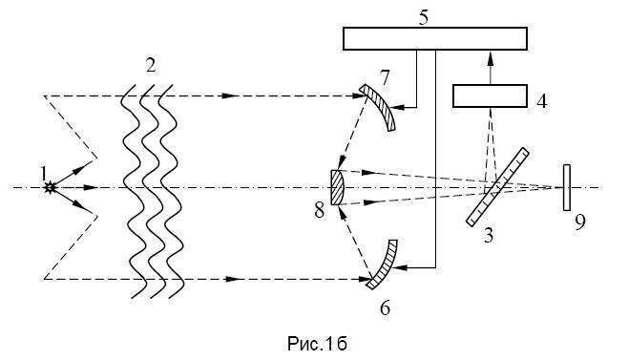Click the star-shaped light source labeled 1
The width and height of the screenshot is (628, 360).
(50, 187)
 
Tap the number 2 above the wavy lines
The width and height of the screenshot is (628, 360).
(150, 65)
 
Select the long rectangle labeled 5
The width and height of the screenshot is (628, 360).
(435, 38)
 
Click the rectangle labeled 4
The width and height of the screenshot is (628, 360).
(490, 95)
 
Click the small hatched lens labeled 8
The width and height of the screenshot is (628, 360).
(337, 187)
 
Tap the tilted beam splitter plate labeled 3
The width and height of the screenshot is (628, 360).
(497, 187)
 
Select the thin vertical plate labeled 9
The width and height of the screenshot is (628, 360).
(567, 187)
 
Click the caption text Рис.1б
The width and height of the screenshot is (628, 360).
(317, 344)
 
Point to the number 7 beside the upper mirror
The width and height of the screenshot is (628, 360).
(385, 77)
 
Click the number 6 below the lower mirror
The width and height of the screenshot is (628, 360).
(385, 308)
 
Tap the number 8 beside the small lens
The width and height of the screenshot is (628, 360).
(319, 210)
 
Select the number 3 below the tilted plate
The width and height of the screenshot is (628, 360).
(489, 236)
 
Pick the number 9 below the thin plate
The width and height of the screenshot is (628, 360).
(580, 222)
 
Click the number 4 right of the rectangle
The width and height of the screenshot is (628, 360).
(541, 101)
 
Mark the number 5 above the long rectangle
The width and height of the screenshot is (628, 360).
(424, 18)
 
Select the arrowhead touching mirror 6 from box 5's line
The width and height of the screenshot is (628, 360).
(402, 267)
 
